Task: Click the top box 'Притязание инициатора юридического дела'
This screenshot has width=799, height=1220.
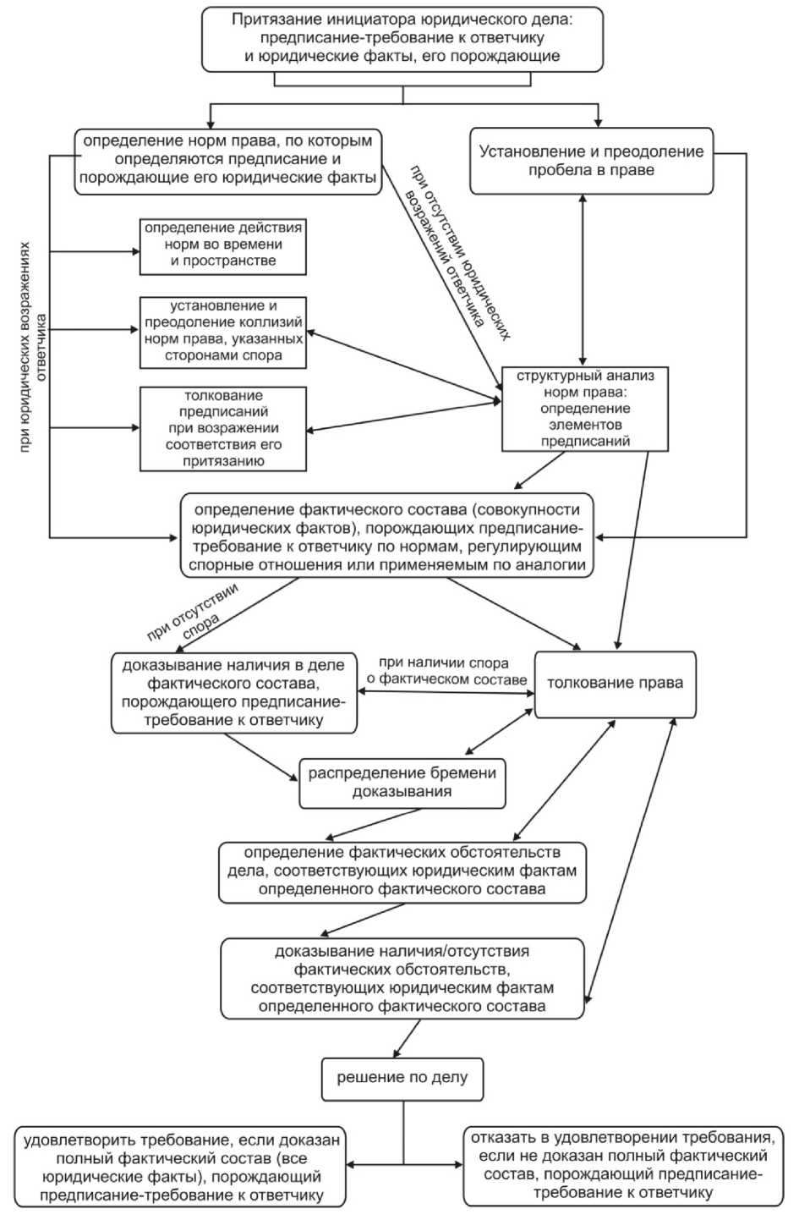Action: [402, 39]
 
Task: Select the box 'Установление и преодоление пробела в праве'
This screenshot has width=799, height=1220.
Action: [591, 161]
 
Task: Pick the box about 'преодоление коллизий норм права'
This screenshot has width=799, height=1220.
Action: [223, 331]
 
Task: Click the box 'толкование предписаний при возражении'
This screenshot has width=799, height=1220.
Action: [223, 428]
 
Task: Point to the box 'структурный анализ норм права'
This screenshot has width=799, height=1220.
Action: [585, 409]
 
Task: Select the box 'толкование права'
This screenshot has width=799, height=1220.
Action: [615, 683]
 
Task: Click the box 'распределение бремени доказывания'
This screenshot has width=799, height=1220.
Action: [402, 782]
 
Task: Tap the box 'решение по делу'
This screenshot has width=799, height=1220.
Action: [402, 1078]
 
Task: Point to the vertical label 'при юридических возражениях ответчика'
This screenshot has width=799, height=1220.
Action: [33, 347]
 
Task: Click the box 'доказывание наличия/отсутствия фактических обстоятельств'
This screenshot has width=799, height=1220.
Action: [402, 978]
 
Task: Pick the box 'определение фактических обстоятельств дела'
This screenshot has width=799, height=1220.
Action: [402, 871]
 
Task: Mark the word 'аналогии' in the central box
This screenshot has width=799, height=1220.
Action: [554, 565]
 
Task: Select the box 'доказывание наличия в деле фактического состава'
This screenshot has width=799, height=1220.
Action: [233, 693]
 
